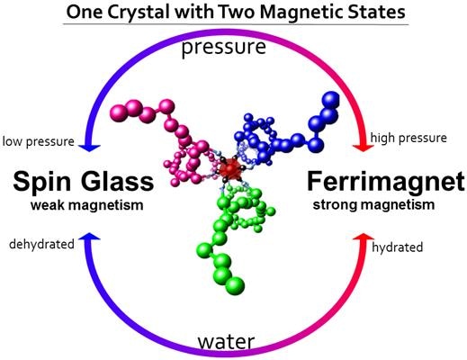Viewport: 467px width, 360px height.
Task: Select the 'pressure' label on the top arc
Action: (x=224, y=48)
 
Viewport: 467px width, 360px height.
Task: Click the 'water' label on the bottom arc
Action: (x=227, y=341)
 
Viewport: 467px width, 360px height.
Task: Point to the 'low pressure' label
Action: (x=38, y=141)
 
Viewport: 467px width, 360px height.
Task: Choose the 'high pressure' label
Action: (x=409, y=138)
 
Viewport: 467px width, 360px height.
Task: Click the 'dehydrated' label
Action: (x=41, y=244)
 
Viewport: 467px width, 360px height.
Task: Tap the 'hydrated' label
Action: (x=397, y=247)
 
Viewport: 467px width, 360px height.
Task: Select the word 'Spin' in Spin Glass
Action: (x=41, y=182)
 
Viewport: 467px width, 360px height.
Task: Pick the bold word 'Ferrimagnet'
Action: (x=386, y=182)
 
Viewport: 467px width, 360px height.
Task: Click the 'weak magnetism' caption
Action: (x=86, y=205)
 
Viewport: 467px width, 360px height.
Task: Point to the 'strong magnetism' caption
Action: (x=373, y=205)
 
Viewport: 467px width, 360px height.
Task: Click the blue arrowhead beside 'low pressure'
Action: (x=89, y=148)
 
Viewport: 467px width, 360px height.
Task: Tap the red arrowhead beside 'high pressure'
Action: (x=364, y=148)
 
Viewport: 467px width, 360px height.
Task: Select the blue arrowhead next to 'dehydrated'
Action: (x=89, y=236)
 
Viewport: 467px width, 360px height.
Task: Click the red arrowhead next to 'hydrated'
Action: (x=364, y=236)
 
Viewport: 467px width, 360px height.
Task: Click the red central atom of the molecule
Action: (x=230, y=169)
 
